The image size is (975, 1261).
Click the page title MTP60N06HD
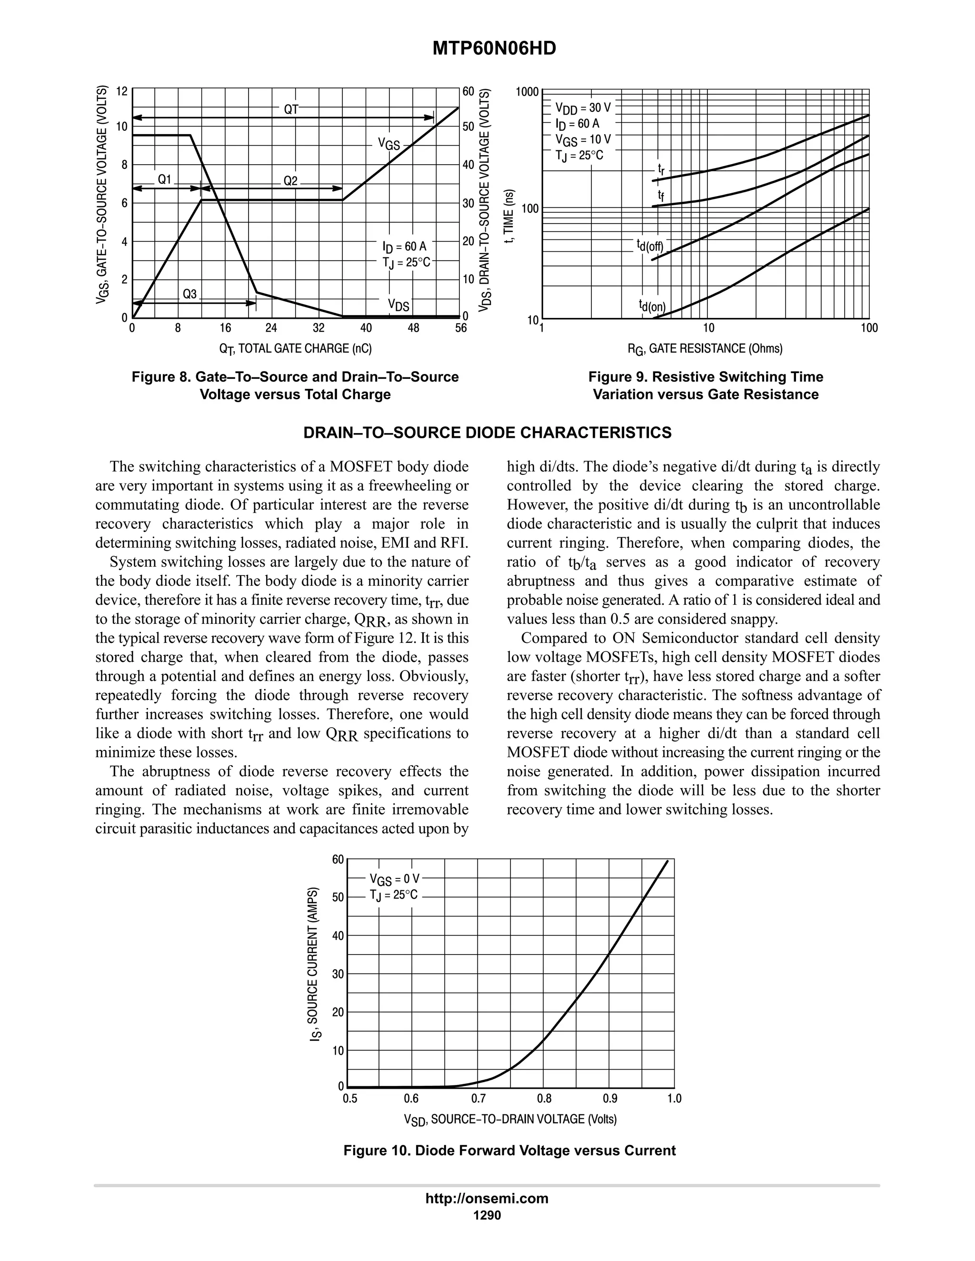[x=494, y=49]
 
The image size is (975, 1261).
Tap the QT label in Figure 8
[x=291, y=109]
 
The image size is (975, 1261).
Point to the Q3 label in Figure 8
[x=189, y=294]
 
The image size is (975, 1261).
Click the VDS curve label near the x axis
[x=398, y=305]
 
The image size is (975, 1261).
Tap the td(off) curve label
[x=650, y=246]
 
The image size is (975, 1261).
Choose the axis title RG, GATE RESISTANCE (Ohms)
[x=705, y=349]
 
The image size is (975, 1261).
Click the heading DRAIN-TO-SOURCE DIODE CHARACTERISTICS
[x=487, y=433]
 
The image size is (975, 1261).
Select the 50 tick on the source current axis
[x=338, y=897]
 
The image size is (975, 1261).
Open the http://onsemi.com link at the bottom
[x=487, y=1198]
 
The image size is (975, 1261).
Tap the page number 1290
[x=487, y=1215]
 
